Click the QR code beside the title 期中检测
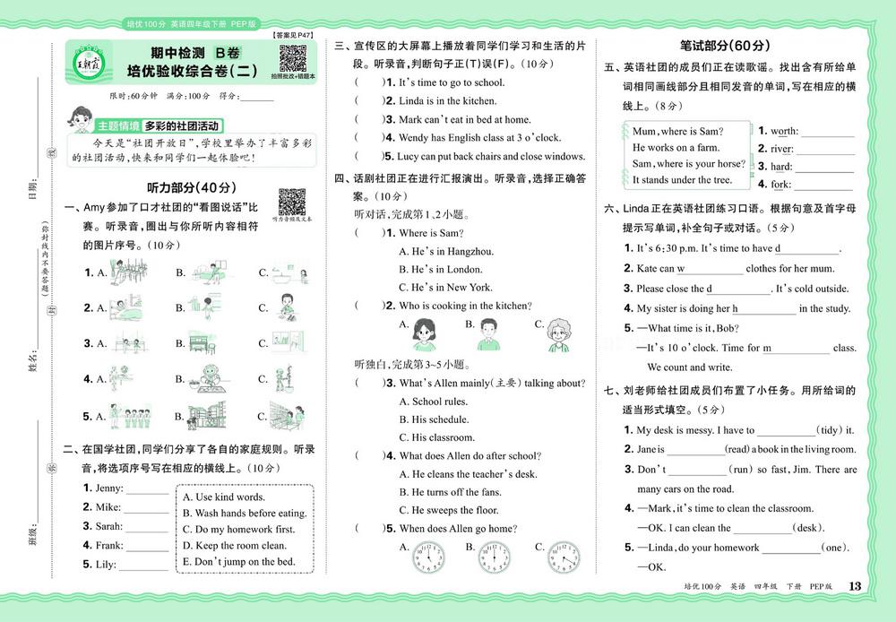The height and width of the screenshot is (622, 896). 293,56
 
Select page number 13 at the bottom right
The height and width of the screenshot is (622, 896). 854,586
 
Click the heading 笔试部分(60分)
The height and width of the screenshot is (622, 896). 727,46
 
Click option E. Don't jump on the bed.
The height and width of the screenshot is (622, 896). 238,562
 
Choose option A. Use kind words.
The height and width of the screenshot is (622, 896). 223,497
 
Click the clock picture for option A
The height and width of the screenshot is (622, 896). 428,557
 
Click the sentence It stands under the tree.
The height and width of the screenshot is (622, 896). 682,180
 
